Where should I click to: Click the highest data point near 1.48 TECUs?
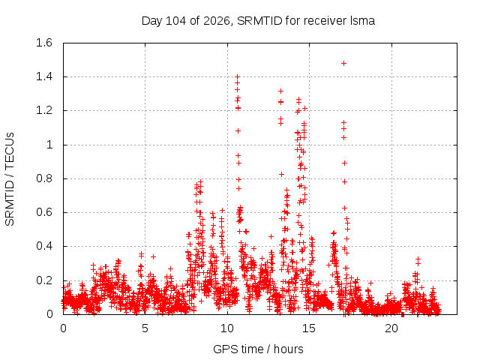click(343, 63)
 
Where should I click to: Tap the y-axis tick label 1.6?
click(44, 43)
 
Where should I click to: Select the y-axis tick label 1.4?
click(44, 76)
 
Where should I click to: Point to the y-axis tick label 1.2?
click(44, 110)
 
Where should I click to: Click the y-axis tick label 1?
click(49, 145)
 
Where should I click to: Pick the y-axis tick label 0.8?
click(44, 178)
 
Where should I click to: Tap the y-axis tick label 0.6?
click(44, 212)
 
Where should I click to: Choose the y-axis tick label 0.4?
click(44, 247)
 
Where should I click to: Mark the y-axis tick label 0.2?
click(44, 280)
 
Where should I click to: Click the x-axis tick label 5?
click(145, 328)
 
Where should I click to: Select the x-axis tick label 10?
click(227, 328)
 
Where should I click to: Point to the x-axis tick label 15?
click(309, 328)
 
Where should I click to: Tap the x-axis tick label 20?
click(391, 328)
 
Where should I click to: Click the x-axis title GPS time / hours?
click(258, 349)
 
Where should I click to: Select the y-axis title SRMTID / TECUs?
click(10, 179)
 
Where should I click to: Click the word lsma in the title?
click(362, 21)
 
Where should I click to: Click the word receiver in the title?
click(325, 21)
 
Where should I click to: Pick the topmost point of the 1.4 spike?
click(237, 76)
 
